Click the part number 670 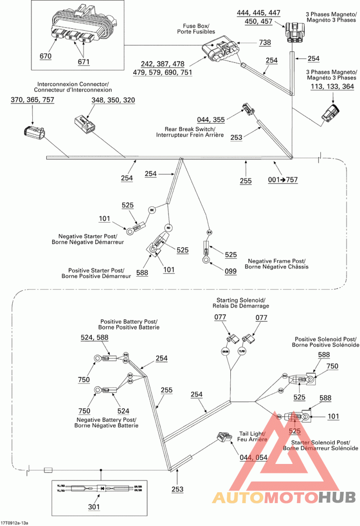45,56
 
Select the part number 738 265,43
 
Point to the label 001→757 283,180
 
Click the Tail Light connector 223,437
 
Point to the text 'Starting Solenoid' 241,300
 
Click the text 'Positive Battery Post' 129,321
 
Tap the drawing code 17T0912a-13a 15,523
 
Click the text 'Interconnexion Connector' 73,84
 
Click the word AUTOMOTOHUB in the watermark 284,497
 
